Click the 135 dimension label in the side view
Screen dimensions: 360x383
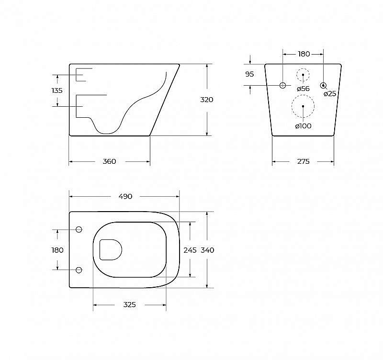[x=56, y=90]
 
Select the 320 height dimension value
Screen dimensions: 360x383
[x=207, y=100]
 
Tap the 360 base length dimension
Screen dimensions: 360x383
[x=110, y=162]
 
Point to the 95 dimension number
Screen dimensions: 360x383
[x=249, y=74]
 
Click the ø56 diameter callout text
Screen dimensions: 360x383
[x=303, y=89]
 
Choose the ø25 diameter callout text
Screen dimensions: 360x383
[x=330, y=94]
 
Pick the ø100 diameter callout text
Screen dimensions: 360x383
[x=303, y=126]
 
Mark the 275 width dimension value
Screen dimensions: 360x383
[x=303, y=162]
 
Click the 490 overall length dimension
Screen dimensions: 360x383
[x=125, y=196]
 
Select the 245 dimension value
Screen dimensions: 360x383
[x=190, y=249]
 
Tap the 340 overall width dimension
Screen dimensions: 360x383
[x=207, y=249]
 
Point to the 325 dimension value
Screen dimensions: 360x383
[x=129, y=304]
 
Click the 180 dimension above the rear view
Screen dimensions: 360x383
[x=304, y=54]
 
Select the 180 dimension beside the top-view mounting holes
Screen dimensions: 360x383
[x=57, y=249]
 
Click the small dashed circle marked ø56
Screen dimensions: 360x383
[x=303, y=76]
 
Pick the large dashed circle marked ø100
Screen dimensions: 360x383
[x=303, y=106]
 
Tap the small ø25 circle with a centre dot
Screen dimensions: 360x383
[x=324, y=86]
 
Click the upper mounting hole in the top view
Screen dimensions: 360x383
[x=79, y=229]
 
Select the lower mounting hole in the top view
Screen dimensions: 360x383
[x=79, y=270]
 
